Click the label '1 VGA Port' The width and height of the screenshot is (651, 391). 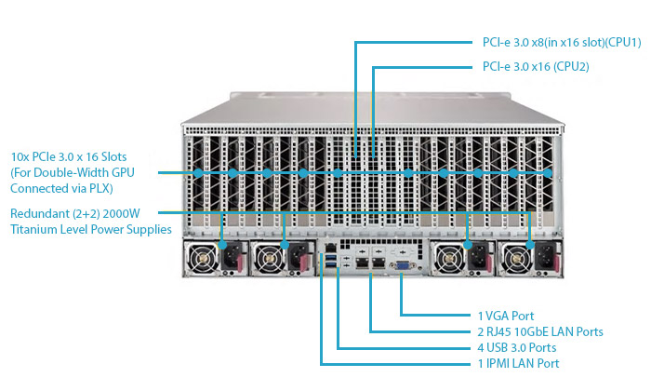tap(506, 317)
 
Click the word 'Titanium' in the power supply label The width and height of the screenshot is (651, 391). tap(35, 229)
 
